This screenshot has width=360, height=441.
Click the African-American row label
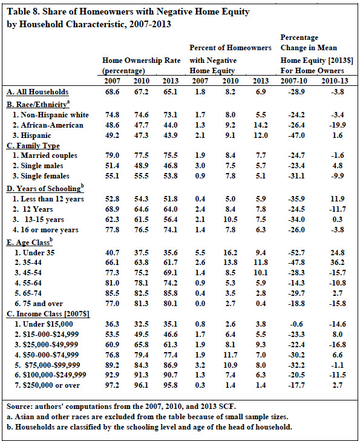coord(48,125)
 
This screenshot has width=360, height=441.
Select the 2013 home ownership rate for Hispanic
coord(171,136)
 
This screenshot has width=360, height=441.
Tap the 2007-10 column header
coord(294,81)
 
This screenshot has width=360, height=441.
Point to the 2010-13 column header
coord(335,81)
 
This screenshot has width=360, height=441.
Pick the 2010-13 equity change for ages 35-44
coord(337,263)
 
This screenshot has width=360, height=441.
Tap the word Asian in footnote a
coord(24,417)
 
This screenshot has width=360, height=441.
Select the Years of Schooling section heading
coord(45,188)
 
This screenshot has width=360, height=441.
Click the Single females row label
coord(41,176)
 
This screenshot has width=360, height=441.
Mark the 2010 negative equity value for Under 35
coord(231,253)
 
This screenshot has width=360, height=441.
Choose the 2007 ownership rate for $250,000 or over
coord(112,385)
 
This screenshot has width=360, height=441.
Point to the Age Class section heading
coord(30,242)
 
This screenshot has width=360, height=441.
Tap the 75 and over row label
coord(39,304)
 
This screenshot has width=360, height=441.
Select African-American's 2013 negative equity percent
coord(261,125)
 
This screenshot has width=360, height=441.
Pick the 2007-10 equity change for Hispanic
coord(296,136)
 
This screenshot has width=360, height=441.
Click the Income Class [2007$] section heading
coord(48,314)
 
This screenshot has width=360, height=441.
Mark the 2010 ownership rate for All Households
coord(141,92)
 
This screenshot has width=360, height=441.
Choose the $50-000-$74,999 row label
coord(47,355)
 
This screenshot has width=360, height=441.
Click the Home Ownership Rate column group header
coord(141,60)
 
